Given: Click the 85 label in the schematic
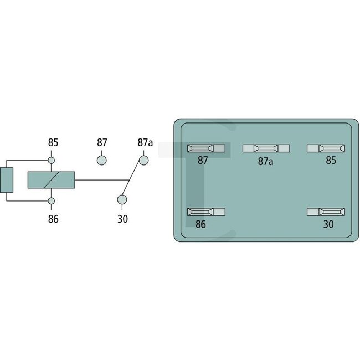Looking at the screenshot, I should (x=53, y=143).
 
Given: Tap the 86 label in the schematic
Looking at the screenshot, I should (x=53, y=218).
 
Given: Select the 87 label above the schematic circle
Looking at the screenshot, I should (x=102, y=143).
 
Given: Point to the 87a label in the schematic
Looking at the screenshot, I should (x=145, y=143).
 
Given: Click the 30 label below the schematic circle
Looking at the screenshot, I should (x=122, y=219).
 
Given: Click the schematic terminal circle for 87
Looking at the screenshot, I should (x=102, y=160).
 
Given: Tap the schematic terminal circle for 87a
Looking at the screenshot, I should (x=143, y=160).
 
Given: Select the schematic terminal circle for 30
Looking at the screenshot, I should (x=122, y=200).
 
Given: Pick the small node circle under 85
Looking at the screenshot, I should (x=53, y=161).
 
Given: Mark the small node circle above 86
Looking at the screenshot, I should (x=53, y=200).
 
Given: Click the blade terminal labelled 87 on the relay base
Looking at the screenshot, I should (x=207, y=148).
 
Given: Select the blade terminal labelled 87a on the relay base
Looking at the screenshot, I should (x=266, y=148).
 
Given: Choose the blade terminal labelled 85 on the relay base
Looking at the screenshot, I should (x=326, y=148).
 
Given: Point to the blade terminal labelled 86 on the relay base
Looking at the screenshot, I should (x=207, y=213).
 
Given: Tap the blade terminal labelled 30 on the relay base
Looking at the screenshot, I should (x=326, y=213).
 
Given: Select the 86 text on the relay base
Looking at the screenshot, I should (x=200, y=225).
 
